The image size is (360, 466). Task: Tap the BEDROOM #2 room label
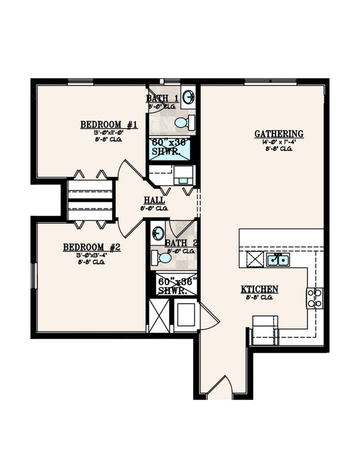[x=91, y=247]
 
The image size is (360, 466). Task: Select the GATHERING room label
[x=279, y=134]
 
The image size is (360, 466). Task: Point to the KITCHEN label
[x=259, y=289]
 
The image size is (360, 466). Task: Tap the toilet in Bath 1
[x=183, y=122]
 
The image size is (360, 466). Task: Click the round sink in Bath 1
[x=188, y=96]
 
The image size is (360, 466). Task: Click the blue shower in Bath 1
[x=169, y=149]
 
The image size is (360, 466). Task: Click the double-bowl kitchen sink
[x=277, y=259]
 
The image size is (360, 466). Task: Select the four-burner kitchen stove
[x=315, y=298]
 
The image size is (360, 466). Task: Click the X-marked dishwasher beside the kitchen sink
[x=254, y=259]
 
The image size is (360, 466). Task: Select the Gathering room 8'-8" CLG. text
[x=279, y=148]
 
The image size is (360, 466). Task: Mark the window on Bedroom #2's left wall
[x=33, y=275]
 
